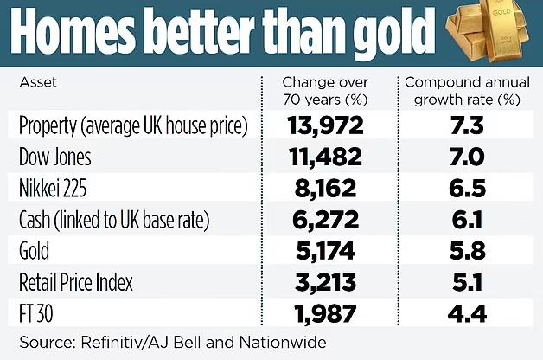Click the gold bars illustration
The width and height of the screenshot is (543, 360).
pos(490,36)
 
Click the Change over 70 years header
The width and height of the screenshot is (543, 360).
pos(326,91)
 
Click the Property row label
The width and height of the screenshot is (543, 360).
pos(133,126)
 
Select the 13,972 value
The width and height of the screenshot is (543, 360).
pos(325,126)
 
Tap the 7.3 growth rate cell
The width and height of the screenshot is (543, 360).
pos(468,126)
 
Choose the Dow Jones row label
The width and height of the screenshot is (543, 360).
pos(54,157)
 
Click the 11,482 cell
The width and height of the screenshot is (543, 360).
pos(325,157)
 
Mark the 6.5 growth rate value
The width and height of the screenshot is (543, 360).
pos(468,189)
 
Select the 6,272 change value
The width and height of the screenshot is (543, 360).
pos(325,220)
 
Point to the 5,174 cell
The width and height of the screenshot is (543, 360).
pos(325,251)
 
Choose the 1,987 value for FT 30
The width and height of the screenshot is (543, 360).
pos(325,312)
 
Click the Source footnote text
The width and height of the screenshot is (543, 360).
pos(172,343)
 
